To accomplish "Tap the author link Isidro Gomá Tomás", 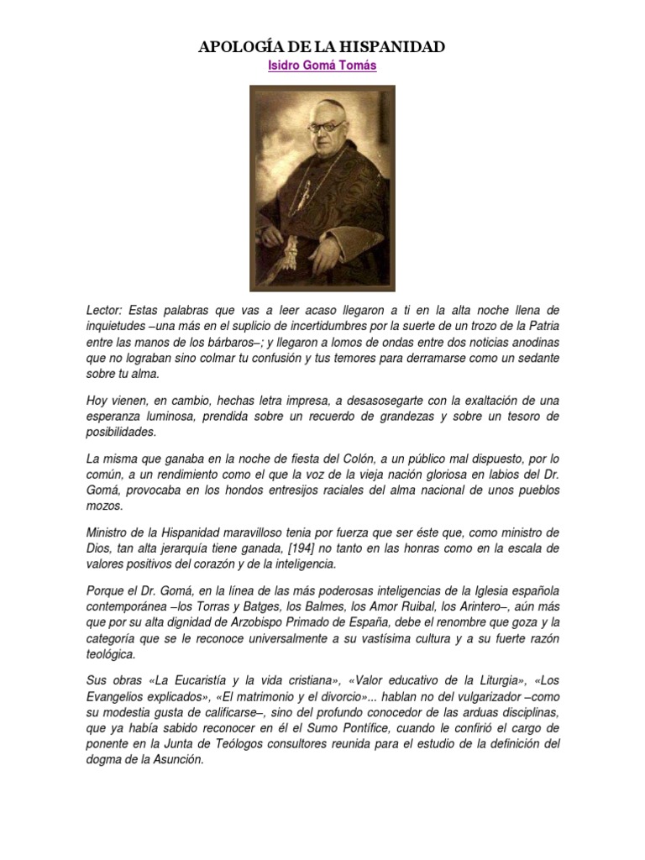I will point(322,66).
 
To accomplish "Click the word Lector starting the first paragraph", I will point(104,311).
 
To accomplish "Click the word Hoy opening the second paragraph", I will point(98,401).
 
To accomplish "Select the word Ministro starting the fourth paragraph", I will point(110,532).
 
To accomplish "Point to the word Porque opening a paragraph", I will point(107,591).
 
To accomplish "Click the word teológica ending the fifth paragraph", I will point(113,654).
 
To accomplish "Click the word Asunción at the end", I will point(177,760).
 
